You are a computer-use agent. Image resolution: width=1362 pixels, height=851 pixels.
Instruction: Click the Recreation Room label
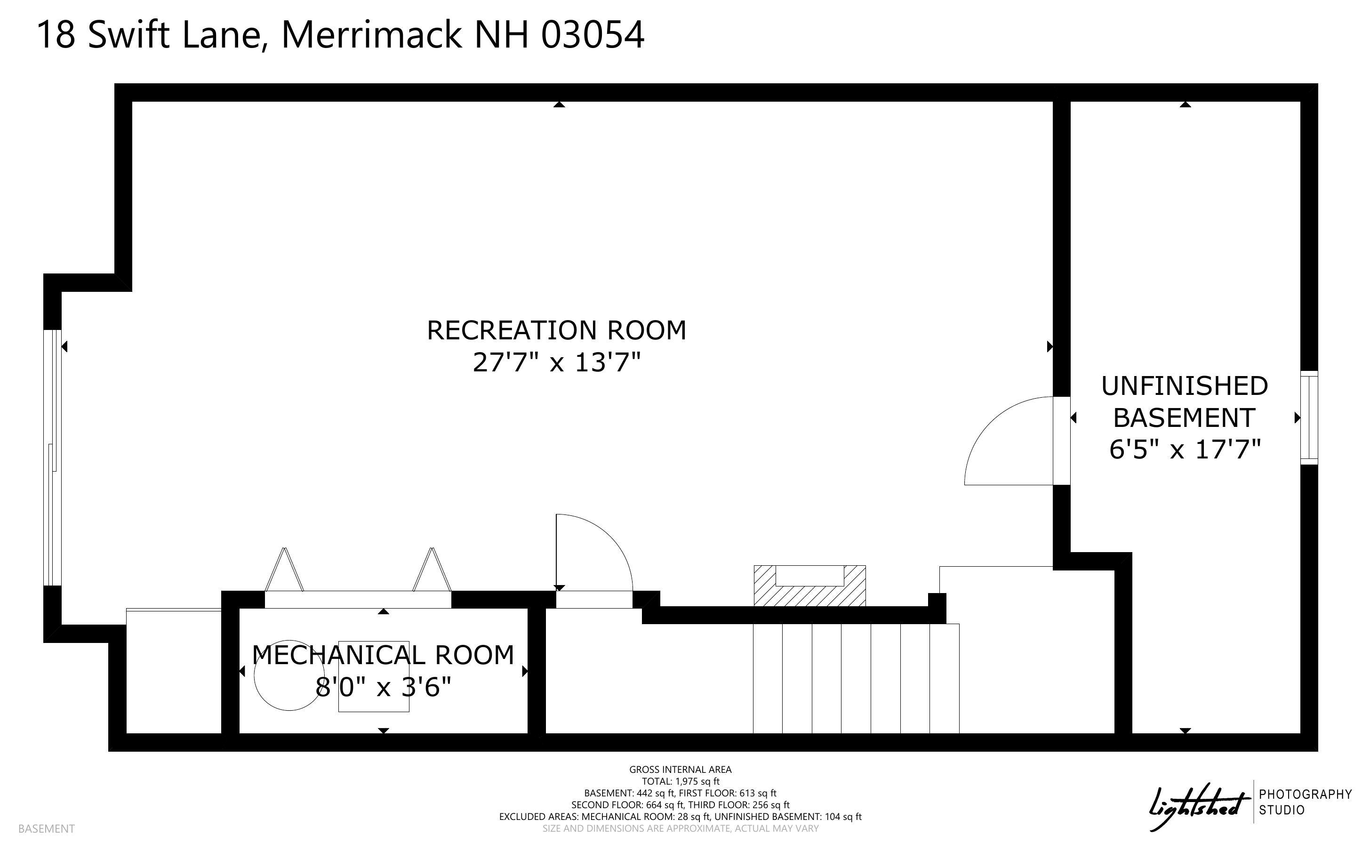click(556, 330)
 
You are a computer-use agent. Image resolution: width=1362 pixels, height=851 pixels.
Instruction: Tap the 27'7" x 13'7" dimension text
click(556, 362)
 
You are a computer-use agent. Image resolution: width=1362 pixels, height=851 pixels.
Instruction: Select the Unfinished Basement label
click(1184, 402)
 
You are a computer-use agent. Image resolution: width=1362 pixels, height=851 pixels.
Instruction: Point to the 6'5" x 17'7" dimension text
click(1185, 450)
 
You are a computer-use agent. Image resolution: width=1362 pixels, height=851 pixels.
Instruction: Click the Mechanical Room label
click(383, 655)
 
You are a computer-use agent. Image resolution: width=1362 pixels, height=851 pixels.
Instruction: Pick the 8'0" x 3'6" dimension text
click(383, 687)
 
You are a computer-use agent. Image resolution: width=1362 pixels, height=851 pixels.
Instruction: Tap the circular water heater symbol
click(289, 675)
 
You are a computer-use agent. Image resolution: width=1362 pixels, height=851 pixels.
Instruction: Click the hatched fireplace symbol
click(809, 586)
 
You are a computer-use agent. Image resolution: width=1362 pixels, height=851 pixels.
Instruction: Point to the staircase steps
click(856, 678)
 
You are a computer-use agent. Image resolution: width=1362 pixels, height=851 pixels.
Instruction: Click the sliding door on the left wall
click(52, 458)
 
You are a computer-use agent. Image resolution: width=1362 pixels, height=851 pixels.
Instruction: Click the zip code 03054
click(593, 35)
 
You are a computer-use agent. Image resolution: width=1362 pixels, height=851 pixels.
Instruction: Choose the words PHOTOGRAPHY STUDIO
click(1305, 802)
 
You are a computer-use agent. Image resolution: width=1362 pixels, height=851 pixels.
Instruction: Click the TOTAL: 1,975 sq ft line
click(681, 781)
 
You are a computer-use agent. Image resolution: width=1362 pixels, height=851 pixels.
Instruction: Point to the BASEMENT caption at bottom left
click(46, 828)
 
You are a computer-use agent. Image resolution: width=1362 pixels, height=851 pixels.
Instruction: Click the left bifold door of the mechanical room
click(284, 570)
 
